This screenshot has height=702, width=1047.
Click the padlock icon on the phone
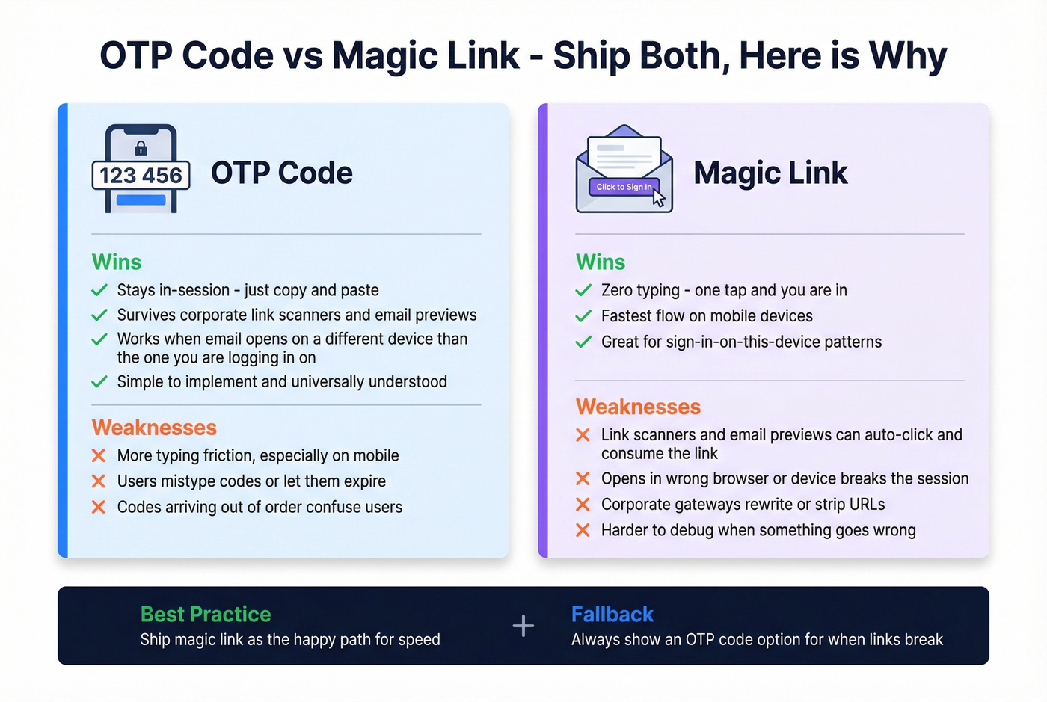[x=141, y=147]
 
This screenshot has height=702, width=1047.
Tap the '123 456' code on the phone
[x=141, y=176]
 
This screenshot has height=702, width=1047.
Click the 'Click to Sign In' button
[x=624, y=187]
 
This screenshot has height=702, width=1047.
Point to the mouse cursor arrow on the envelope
[x=658, y=197]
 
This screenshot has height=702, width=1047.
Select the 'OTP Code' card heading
[x=281, y=173]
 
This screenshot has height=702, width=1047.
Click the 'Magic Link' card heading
[x=770, y=173]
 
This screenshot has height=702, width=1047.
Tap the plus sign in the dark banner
[x=523, y=626]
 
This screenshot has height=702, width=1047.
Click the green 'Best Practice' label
[x=206, y=614]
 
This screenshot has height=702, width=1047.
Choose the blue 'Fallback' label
[x=612, y=614]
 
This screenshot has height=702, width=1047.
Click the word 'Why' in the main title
[x=908, y=55]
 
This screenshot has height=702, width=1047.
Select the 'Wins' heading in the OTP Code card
[x=116, y=262]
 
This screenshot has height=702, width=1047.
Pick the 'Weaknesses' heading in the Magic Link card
[x=638, y=407]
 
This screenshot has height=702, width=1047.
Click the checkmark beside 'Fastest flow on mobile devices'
[x=583, y=316]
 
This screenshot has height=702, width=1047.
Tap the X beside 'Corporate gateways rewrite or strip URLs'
[x=583, y=505]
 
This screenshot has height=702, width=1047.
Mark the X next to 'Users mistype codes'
[x=98, y=481]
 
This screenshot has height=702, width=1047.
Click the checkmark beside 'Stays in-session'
[x=99, y=290]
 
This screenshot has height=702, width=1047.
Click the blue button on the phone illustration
[x=141, y=200]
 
